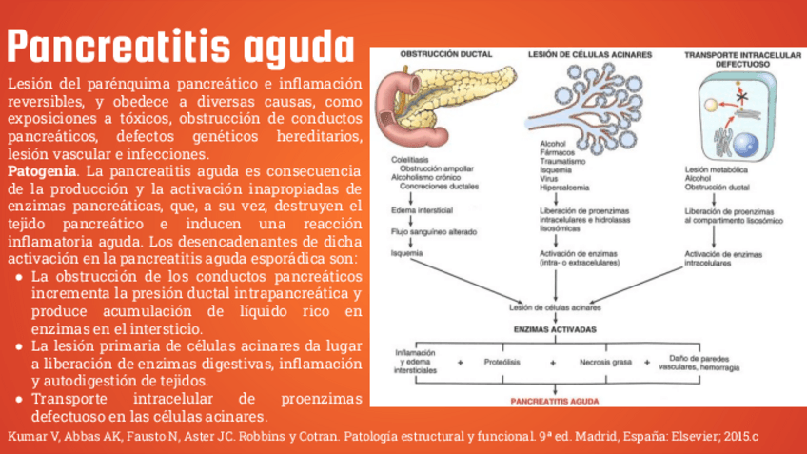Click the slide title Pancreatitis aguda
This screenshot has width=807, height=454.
tap(180, 44)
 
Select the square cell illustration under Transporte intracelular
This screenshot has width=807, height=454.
tap(733, 115)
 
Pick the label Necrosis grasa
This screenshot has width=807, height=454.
tap(606, 363)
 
